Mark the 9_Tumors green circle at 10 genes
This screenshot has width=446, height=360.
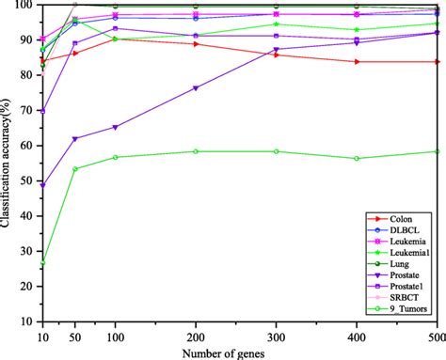pos(41,263)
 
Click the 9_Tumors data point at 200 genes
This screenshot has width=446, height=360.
pos(196,151)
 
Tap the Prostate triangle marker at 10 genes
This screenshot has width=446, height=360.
pos(41,185)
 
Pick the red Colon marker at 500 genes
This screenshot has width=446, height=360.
pos(437,62)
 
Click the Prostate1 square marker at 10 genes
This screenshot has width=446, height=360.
pos(41,111)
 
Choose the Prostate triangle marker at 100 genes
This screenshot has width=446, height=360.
pos(115,128)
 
